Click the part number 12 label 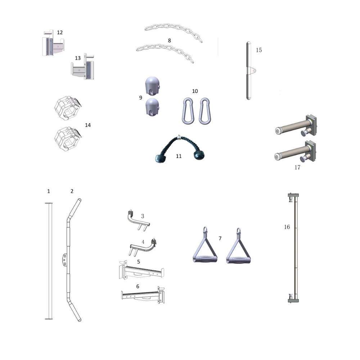tap(60, 32)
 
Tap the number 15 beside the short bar tap(259, 50)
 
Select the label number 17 tap(297, 167)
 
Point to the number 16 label tap(287, 227)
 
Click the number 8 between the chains tap(170, 40)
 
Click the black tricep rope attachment tap(180, 149)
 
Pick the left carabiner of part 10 tap(188, 111)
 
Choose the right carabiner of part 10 tap(205, 111)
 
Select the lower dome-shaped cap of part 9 tap(152, 107)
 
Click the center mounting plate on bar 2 tap(64, 260)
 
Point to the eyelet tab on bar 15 tap(253, 70)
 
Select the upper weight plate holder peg tap(296, 126)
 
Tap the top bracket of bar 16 tap(293, 196)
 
